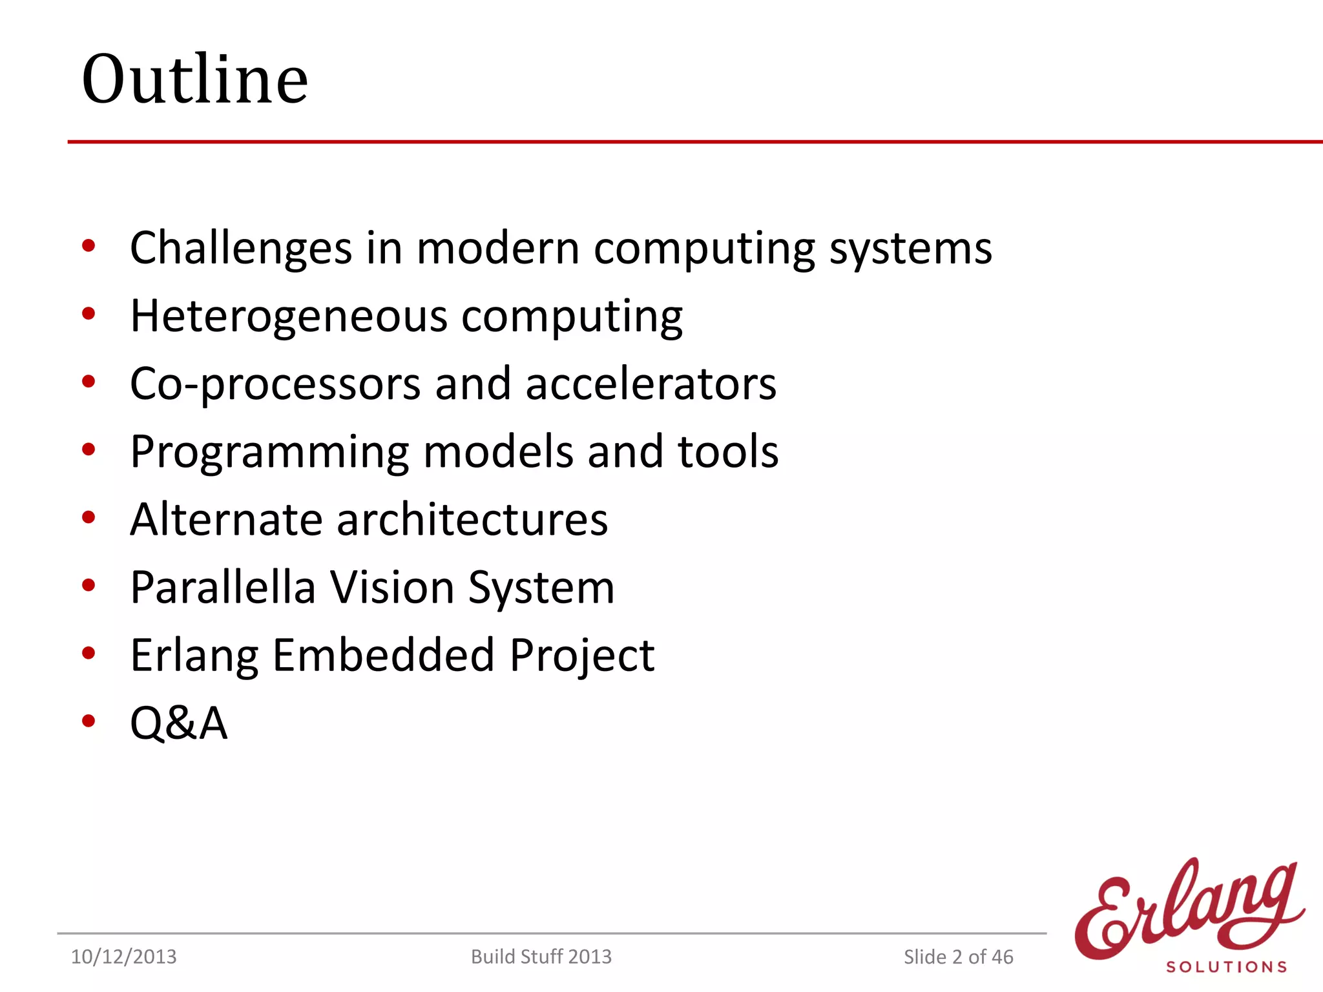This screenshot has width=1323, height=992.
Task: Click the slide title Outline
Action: (194, 79)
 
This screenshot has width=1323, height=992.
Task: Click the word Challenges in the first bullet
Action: (240, 249)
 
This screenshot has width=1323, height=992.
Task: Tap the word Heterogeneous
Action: (288, 316)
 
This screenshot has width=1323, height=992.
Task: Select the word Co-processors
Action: (275, 384)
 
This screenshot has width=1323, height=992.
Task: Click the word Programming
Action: (269, 452)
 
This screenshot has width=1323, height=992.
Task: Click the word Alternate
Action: (225, 519)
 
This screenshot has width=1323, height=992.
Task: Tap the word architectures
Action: (472, 519)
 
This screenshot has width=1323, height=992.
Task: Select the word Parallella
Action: (222, 587)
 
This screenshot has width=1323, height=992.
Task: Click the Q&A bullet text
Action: (178, 723)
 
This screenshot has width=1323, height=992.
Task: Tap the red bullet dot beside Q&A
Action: (89, 721)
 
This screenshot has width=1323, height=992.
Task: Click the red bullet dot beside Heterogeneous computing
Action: (89, 315)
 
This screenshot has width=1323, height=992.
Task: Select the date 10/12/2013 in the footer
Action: (123, 956)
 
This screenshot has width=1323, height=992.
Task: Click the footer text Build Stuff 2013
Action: (541, 956)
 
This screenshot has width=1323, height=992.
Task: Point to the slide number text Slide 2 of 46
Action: (958, 956)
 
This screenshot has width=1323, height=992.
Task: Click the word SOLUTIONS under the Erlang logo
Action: (1226, 967)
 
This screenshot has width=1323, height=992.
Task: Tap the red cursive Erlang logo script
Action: (1189, 911)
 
